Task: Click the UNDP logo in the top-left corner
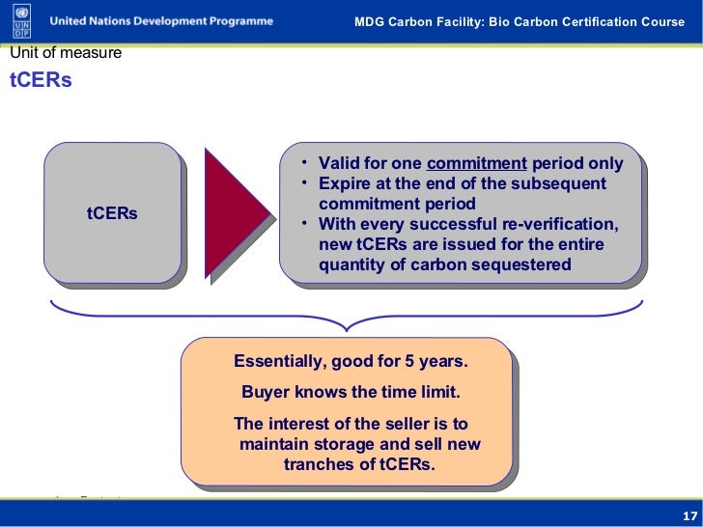tap(19, 21)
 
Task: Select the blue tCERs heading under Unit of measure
tap(41, 81)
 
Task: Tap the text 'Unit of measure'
tap(66, 53)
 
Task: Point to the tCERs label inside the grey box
tap(112, 212)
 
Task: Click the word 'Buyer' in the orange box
tap(266, 393)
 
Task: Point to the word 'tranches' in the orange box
tap(318, 464)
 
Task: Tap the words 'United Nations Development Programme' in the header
tap(161, 20)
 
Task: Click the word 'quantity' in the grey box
tap(352, 264)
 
